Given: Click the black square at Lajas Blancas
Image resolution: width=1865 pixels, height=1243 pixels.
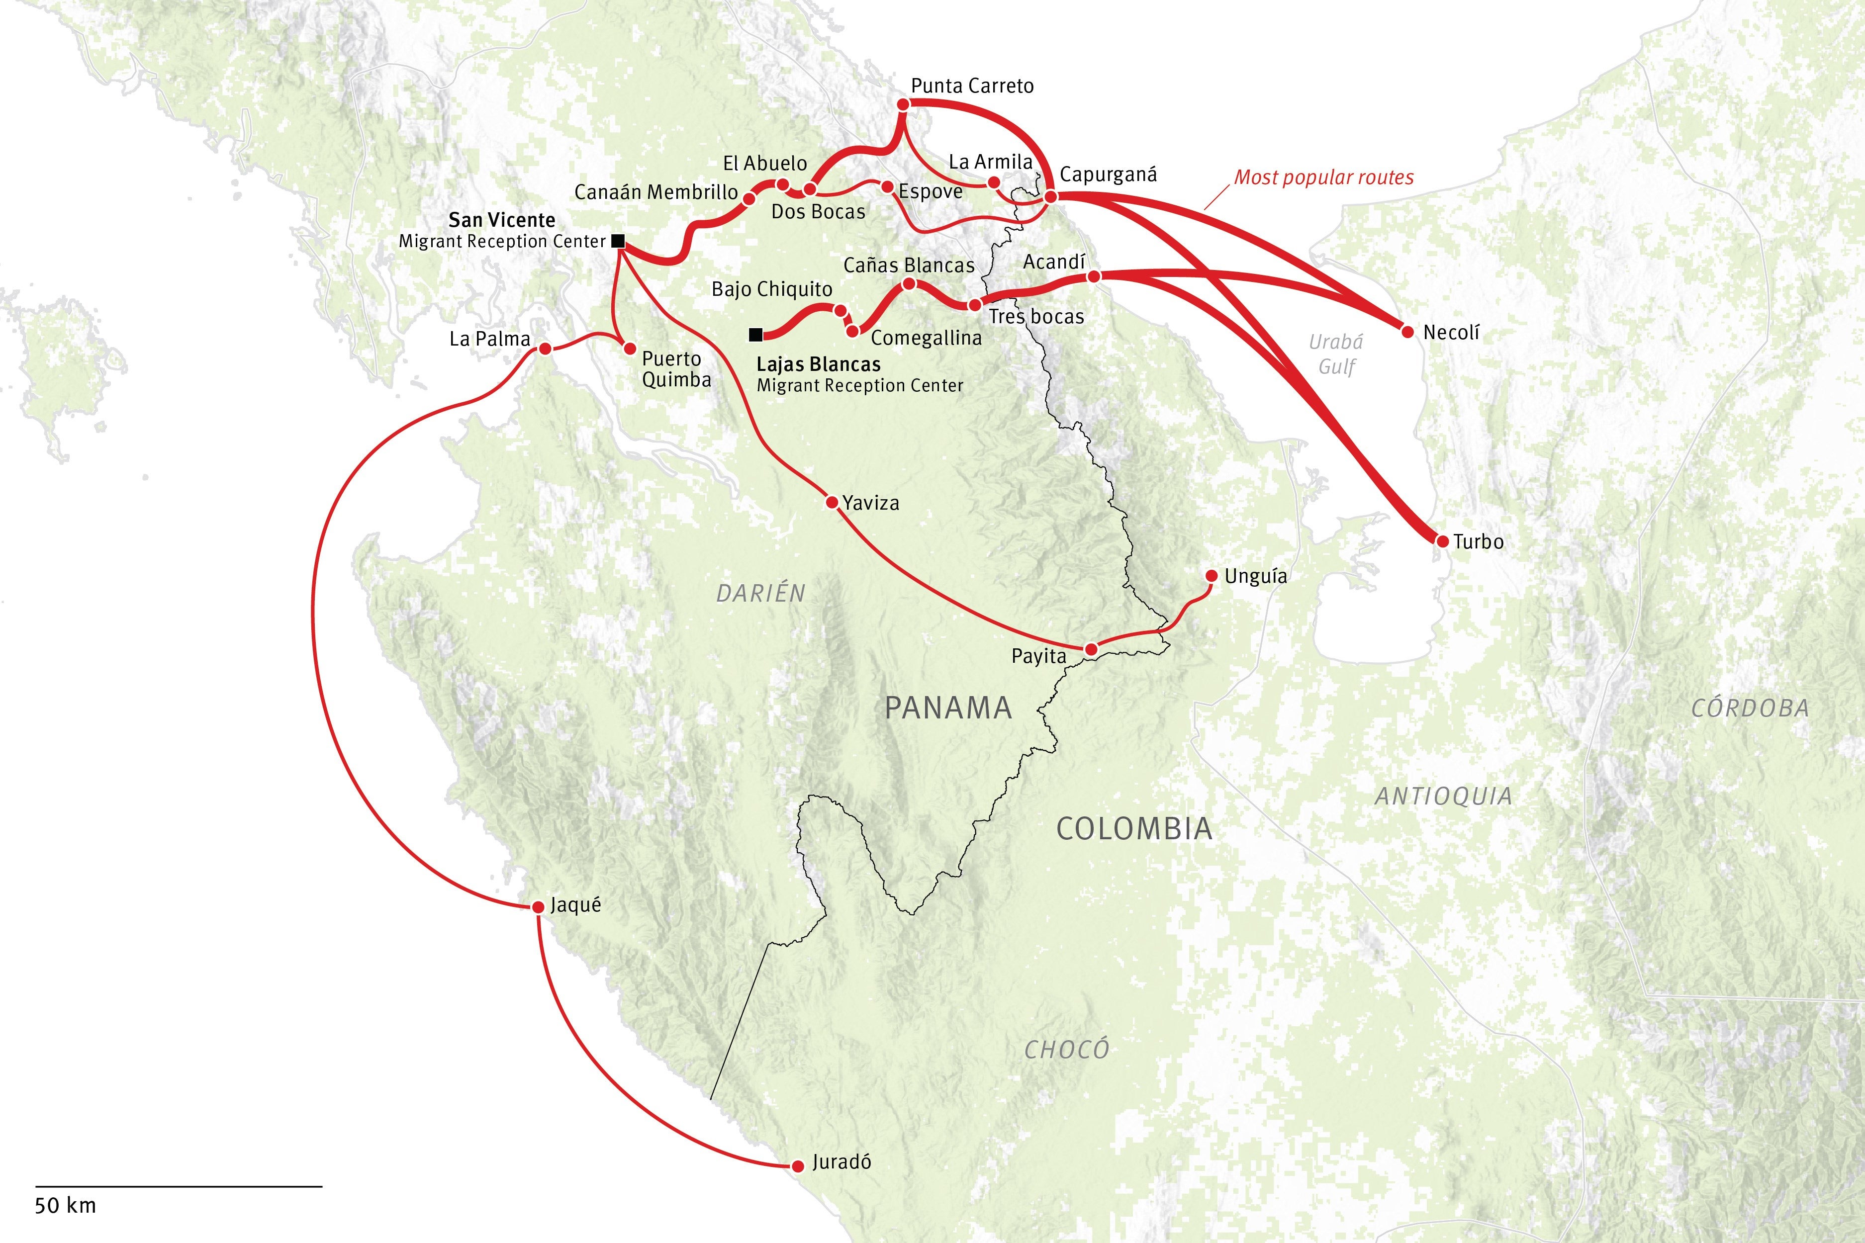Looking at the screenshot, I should pos(755,335).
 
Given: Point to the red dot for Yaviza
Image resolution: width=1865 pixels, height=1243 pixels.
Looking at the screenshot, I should pos(832,503).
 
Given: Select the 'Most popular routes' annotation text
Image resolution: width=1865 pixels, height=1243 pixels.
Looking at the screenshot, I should pos(1323,178).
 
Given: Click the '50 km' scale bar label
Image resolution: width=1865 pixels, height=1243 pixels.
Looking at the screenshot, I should pos(65,1206).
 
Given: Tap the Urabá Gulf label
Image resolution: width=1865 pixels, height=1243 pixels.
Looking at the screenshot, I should pos(1336,354).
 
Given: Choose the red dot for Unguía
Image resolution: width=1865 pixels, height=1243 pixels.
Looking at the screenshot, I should pos(1211,576).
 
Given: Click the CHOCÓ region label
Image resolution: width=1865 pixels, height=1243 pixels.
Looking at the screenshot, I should pos(1066,1050).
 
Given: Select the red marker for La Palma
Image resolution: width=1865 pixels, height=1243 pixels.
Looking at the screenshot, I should pos(545,349).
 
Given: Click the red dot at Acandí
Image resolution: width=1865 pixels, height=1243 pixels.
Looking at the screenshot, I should pos(1094,276).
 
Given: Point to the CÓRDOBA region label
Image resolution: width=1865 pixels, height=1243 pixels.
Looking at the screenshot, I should pos(1750,708).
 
